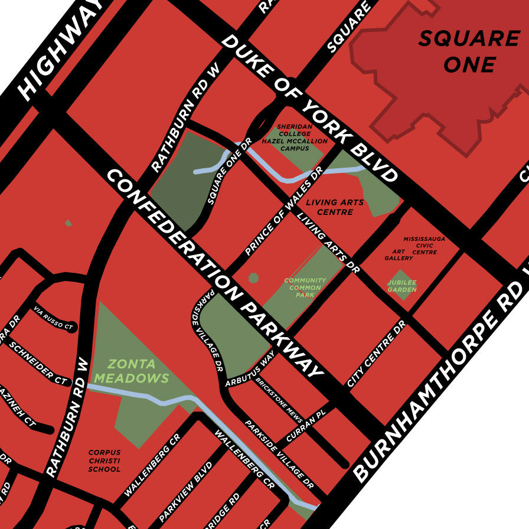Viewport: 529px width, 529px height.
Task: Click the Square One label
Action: coord(469,51)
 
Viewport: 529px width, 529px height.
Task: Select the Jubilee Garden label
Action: coord(402,286)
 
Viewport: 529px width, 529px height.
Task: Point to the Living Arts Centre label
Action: coord(335,207)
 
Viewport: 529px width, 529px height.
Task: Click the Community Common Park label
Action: coord(305,288)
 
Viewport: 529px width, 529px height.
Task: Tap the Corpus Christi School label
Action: coord(104,460)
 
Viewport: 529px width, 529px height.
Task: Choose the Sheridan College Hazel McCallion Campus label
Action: coord(294,138)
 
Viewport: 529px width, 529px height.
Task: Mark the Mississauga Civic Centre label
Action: coord(424,245)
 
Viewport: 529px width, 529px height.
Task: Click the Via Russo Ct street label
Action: coord(54,318)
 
